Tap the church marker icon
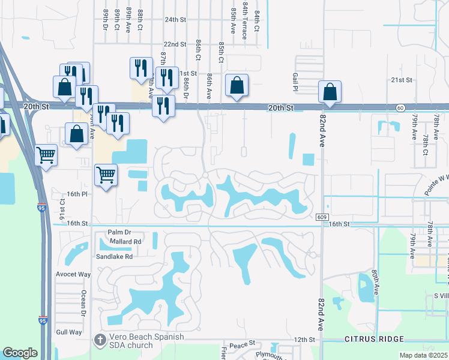[x=101, y=340]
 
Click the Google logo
[x=20, y=353]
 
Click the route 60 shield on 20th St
[x=400, y=107]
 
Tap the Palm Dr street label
[x=119, y=232]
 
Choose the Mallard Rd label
[x=125, y=241]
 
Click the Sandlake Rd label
[x=115, y=256]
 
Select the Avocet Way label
[x=73, y=274]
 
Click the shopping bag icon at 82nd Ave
[x=330, y=92]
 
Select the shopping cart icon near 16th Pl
[x=106, y=176]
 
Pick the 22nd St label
[x=175, y=44]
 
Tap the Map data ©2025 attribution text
[x=423, y=355]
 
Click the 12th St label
[x=305, y=340]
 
